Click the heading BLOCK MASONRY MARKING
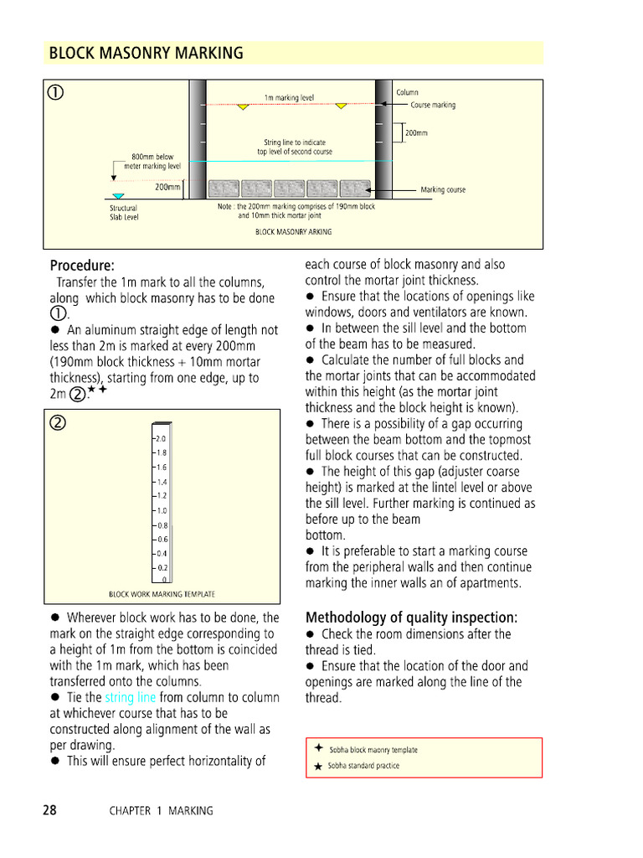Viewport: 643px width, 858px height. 147,54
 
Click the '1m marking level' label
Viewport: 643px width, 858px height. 289,98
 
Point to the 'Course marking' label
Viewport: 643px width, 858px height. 433,106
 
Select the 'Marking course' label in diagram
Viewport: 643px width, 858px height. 443,190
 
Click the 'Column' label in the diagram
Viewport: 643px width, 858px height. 407,92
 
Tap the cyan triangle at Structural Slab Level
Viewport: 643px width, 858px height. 118,196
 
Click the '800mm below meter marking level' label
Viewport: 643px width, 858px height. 152,162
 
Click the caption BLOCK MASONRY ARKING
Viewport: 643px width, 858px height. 293,232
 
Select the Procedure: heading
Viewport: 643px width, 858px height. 82,266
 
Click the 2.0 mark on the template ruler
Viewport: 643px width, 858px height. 162,438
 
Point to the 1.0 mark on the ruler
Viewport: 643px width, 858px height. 162,510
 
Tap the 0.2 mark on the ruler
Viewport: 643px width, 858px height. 162,567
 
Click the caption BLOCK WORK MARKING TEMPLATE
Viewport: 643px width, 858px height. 162,594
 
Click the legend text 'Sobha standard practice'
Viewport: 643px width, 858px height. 363,766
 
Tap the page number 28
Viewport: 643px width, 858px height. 50,810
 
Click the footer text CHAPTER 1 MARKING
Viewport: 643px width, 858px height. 161,811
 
